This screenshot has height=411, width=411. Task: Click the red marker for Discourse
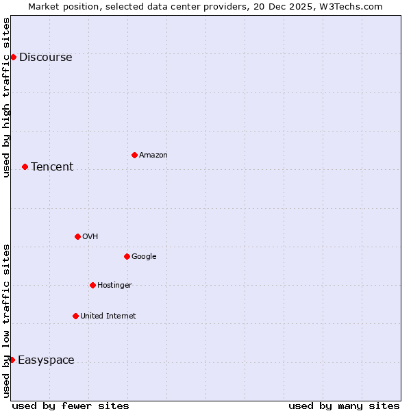pos(13,57)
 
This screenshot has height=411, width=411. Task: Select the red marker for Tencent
pos(25,166)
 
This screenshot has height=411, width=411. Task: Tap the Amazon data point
pos(134,155)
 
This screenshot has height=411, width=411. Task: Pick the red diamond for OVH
pos(77,236)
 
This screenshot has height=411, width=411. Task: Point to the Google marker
pos(127,256)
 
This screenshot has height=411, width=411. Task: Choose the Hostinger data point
pos(92,285)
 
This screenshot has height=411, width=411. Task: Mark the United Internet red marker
pos(75,316)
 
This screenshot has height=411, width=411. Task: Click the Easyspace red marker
pos(12,360)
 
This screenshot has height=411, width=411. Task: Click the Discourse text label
pos(46,58)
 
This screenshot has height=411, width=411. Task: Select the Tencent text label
pos(52,167)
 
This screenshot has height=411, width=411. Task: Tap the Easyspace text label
pos(46,360)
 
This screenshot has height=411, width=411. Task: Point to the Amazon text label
pos(153,155)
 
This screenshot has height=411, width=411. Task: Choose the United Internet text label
pos(108,316)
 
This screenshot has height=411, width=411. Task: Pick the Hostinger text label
pos(114,286)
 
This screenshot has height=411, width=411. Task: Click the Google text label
pos(144,257)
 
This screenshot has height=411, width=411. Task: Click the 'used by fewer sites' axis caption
pos(71,406)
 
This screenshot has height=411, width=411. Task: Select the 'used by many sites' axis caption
pos(344,406)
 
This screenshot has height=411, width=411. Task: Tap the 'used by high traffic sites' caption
pos(7,97)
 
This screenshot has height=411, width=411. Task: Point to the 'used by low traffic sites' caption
pos(7,321)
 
